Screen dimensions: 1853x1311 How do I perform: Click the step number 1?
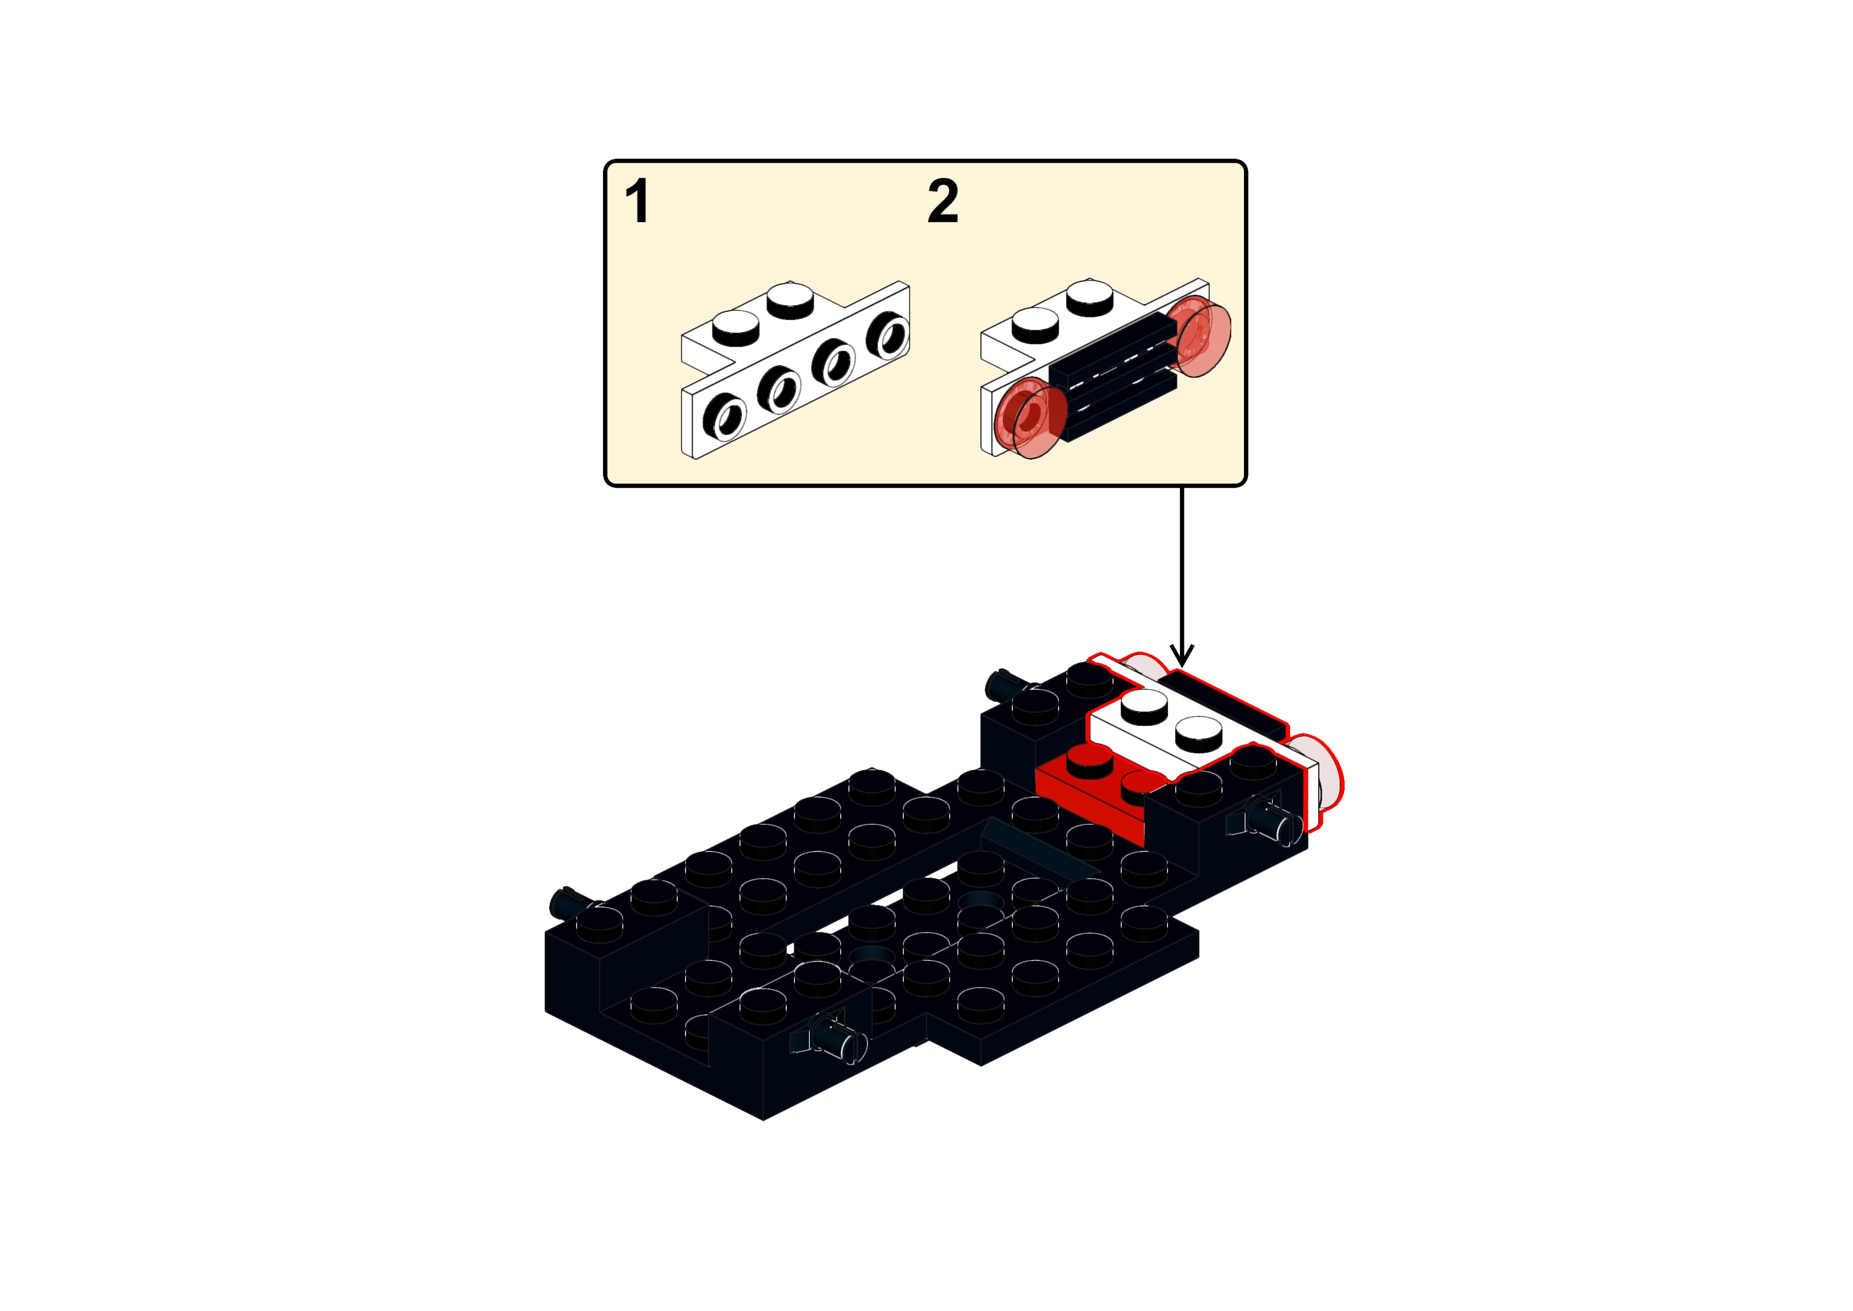(637, 201)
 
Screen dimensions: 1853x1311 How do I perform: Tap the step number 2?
(943, 201)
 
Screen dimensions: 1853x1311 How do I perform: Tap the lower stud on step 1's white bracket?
(736, 327)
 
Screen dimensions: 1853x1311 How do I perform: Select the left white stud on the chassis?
(1144, 707)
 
